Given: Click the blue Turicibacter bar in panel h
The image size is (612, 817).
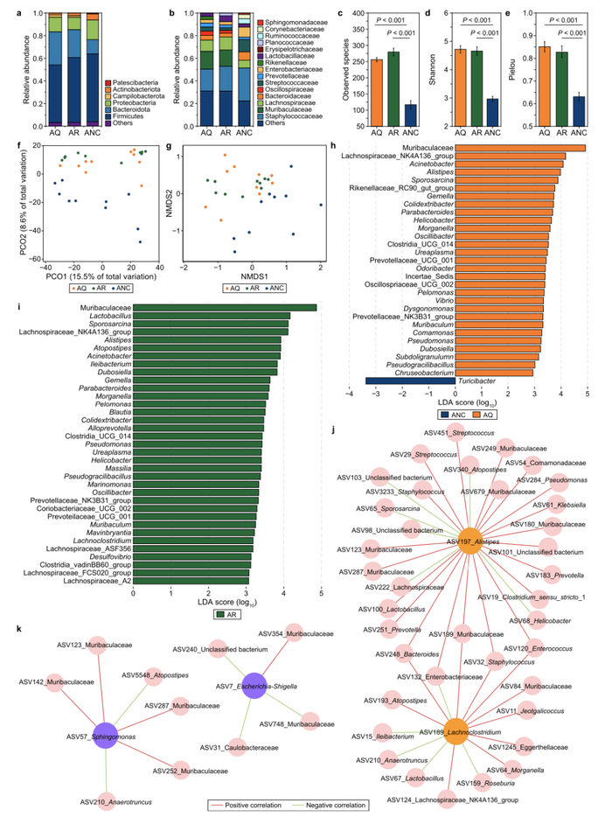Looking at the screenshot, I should (x=410, y=381).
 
